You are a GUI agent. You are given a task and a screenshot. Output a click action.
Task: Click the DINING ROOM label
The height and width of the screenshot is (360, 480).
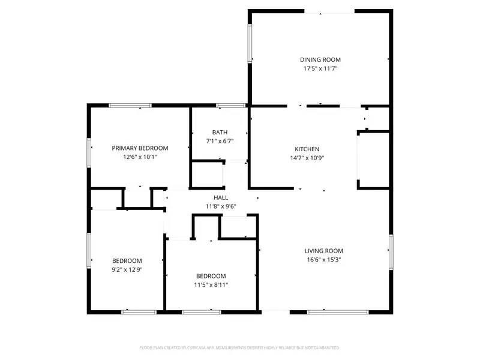[320, 59]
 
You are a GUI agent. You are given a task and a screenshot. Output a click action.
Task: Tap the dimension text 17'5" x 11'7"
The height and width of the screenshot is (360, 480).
[320, 68]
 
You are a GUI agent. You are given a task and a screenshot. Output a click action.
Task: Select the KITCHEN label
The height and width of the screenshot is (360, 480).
[307, 149]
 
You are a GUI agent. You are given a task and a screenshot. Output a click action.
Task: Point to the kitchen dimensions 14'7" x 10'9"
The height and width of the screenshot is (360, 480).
[307, 158]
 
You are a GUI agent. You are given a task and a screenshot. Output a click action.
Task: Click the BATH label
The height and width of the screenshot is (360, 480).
[220, 133]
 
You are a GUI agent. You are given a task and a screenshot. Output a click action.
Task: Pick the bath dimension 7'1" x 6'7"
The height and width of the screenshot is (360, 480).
[220, 142]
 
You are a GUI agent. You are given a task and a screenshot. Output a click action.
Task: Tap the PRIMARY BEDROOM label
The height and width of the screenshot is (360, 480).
[140, 148]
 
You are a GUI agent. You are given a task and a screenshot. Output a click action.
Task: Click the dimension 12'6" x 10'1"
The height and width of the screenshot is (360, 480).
[140, 157]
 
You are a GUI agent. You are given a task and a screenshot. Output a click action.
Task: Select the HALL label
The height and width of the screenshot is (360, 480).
[221, 197]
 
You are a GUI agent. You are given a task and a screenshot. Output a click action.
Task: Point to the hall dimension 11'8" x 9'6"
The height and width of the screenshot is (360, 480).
[221, 206]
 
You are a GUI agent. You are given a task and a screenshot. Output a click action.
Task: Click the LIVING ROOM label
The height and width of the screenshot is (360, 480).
[323, 251]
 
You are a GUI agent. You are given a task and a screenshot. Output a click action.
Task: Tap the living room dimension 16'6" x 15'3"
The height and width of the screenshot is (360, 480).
[323, 260]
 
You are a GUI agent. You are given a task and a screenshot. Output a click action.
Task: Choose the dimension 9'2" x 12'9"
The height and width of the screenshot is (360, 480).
[127, 269]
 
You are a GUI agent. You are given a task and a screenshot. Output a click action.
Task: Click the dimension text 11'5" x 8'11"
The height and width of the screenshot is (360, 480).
[211, 285]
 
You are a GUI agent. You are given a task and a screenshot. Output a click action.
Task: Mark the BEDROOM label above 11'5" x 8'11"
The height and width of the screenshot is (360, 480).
[211, 276]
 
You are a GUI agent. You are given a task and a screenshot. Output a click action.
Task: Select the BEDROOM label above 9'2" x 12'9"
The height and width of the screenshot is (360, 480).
[127, 260]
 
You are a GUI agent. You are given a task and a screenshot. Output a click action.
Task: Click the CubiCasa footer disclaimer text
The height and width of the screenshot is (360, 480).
[240, 347]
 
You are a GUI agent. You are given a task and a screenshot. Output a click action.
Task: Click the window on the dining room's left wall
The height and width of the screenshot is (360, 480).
[250, 43]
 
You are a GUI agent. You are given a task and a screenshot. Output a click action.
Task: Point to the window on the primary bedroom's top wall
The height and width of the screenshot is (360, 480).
[130, 106]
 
